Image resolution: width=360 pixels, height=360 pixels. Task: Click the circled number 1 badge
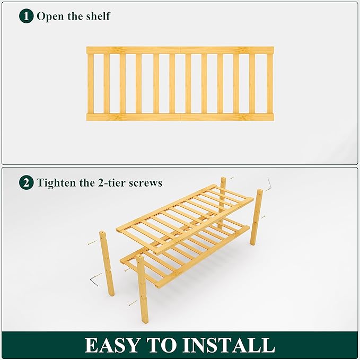click(x=27, y=16)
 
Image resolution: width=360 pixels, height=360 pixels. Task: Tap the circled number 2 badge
click(x=27, y=183)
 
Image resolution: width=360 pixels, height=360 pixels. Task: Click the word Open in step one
click(x=49, y=16)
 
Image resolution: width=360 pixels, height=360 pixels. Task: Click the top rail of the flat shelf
click(x=180, y=50)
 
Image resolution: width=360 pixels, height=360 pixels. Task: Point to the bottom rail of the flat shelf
click(x=180, y=117)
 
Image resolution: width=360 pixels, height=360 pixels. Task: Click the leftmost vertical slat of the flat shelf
click(x=91, y=83)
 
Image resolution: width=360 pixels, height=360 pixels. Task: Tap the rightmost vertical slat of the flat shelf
click(x=269, y=83)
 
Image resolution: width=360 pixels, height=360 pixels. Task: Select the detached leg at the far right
click(x=257, y=217)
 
